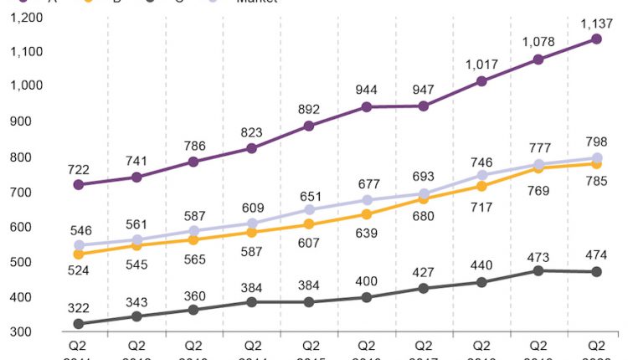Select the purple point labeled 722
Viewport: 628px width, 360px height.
[79, 184]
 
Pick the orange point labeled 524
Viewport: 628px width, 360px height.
[79, 254]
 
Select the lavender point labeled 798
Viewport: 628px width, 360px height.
[597, 157]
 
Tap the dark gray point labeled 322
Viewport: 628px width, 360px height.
[79, 324]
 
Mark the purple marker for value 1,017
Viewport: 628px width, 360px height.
[481, 81]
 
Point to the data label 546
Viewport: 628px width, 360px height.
[79, 230]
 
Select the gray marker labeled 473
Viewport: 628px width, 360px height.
[539, 270]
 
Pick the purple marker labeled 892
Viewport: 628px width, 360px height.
[310, 126]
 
